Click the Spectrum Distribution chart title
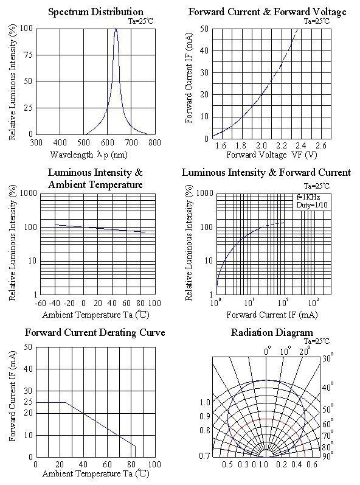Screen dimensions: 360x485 96,12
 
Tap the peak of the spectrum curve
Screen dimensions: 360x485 116,29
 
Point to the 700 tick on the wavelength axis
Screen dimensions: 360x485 131,142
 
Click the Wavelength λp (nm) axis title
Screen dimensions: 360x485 89,155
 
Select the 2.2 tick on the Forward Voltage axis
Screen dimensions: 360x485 281,145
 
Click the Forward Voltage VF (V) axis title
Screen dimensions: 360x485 272,155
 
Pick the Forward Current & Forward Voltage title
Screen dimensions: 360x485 268,12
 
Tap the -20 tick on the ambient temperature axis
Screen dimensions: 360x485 69,303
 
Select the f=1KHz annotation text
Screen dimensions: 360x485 308,197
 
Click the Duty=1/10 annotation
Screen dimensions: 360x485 312,204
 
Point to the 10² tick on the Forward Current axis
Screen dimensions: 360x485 283,302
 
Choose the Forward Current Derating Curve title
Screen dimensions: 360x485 95,333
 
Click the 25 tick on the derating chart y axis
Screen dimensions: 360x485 29,402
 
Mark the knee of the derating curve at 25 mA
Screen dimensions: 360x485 66,402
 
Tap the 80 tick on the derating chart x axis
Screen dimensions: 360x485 131,464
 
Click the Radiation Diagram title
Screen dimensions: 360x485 272,333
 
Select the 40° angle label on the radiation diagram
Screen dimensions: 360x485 328,387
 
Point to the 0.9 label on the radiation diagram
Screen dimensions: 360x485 205,416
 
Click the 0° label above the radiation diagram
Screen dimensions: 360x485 268,351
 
